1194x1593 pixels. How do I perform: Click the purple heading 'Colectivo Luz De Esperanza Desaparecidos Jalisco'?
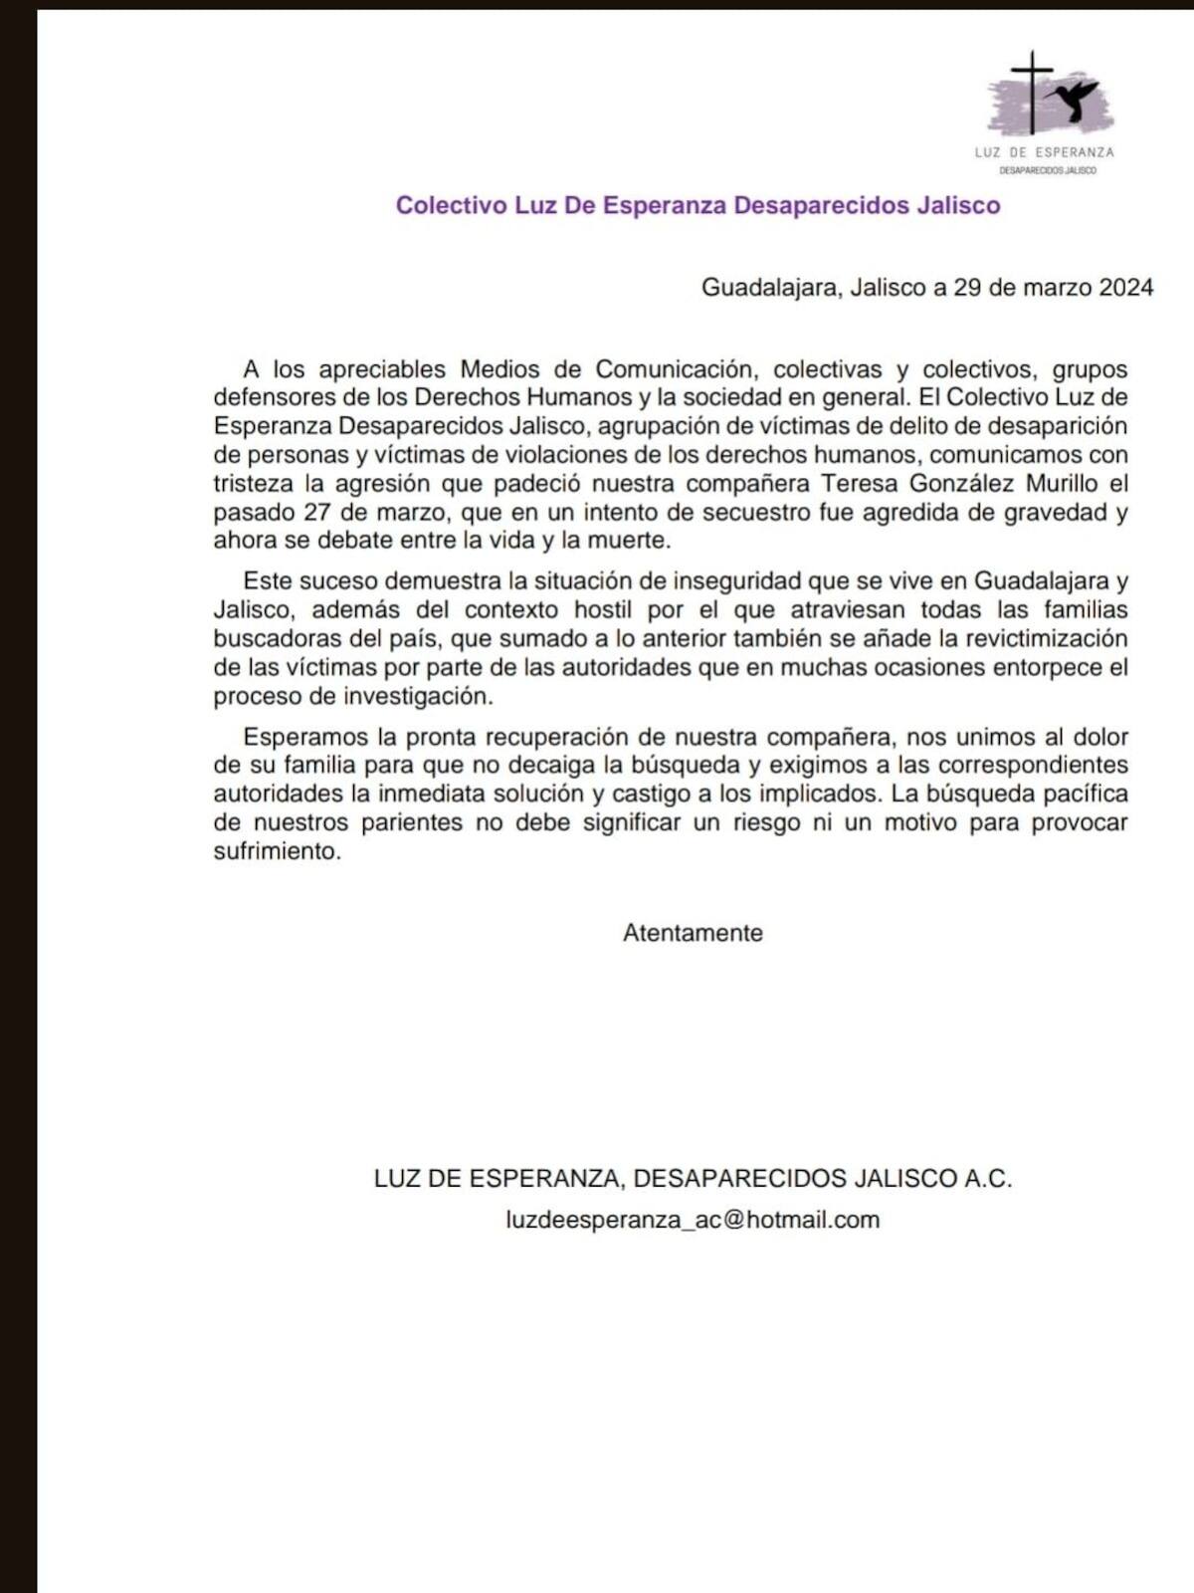[697, 205]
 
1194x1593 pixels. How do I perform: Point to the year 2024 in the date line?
[1125, 288]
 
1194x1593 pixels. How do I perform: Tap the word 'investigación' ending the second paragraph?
[418, 697]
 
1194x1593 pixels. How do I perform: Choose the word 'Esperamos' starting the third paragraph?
[305, 738]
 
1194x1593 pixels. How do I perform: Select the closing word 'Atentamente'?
[693, 934]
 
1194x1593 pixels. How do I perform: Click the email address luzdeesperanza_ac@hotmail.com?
[693, 1220]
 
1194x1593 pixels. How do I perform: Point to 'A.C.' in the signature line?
[987, 1179]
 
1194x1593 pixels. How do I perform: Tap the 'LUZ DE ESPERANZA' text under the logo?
[1044, 152]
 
